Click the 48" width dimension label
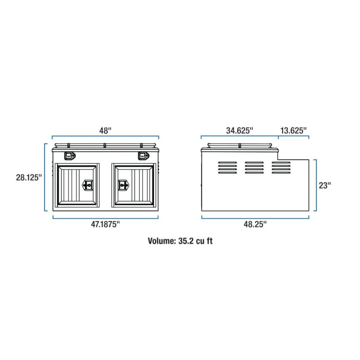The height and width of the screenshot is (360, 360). (105, 130)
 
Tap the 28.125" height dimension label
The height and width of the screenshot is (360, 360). (29, 177)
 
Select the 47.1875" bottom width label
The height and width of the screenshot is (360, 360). (105, 224)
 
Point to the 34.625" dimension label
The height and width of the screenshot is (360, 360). (239, 130)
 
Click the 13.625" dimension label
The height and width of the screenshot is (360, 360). (293, 130)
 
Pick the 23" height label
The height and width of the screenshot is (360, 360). (325, 185)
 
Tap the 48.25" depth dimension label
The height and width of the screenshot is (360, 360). (255, 224)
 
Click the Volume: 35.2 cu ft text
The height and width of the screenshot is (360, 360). (180, 241)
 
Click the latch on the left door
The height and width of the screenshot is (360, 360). (88, 185)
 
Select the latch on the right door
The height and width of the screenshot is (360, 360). (123, 185)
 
